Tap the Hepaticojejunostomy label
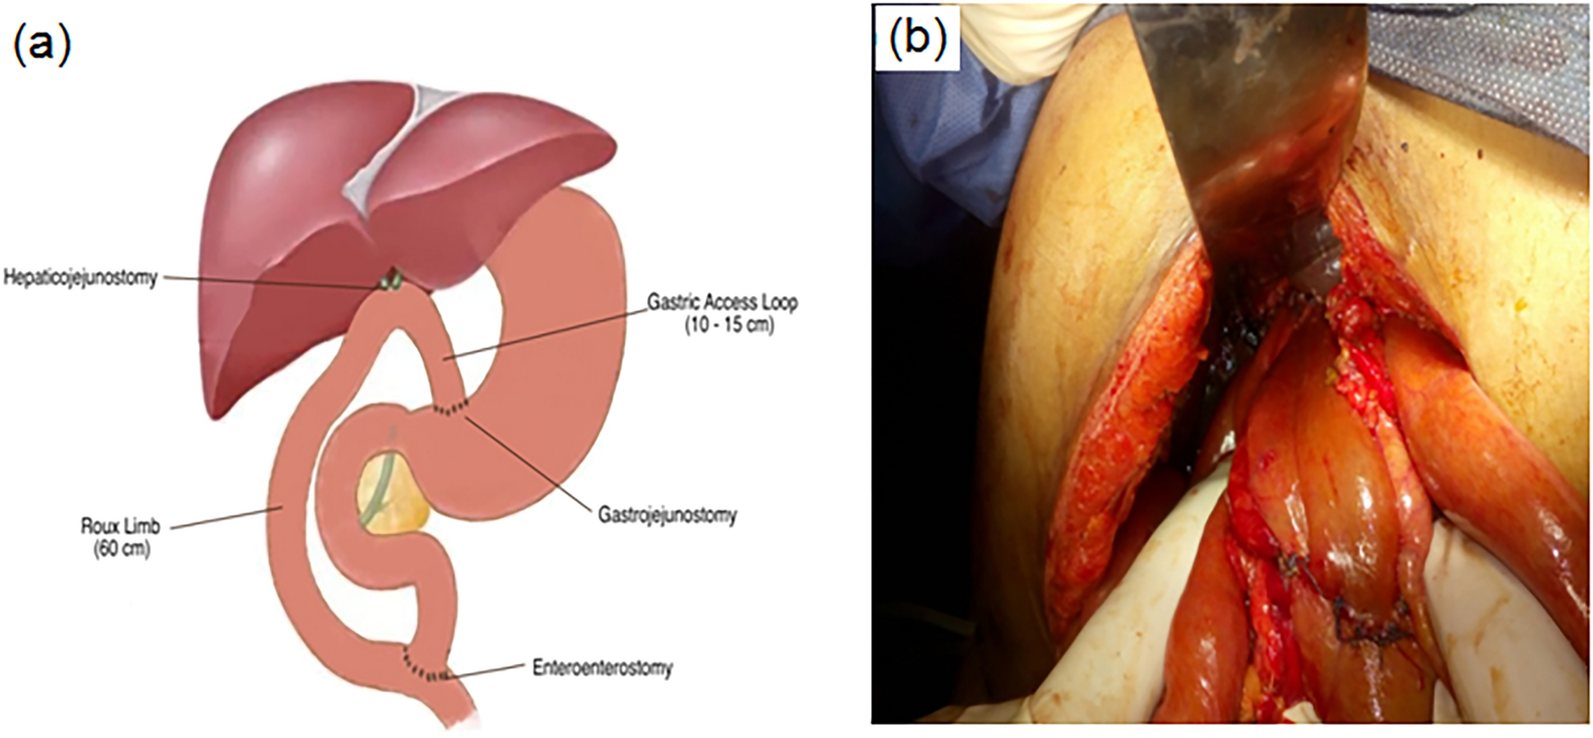pyautogui.click(x=80, y=278)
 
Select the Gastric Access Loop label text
pyautogui.click(x=722, y=302)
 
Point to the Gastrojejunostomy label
pyautogui.click(x=667, y=515)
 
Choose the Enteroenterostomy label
pyautogui.click(x=602, y=668)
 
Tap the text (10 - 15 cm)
pyautogui.click(x=728, y=325)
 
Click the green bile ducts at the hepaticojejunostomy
pyautogui.click(x=390, y=281)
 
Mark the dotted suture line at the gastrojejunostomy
pyautogui.click(x=449, y=410)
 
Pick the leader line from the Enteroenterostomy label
pyautogui.click(x=486, y=670)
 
